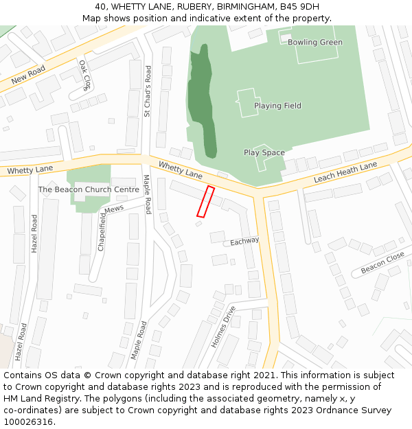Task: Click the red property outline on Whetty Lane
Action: click(x=205, y=202)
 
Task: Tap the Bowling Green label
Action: click(x=314, y=43)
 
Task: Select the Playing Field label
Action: click(x=277, y=106)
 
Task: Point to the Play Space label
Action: click(x=264, y=152)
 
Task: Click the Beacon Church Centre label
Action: click(x=89, y=189)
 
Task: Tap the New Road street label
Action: click(x=27, y=74)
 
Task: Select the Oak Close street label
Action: click(x=84, y=75)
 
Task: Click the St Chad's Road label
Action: click(x=148, y=91)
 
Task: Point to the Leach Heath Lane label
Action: click(x=345, y=173)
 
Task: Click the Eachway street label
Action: click(x=244, y=242)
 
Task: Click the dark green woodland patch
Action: click(x=202, y=100)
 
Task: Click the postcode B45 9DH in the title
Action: click(x=299, y=6)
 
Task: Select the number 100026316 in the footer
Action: click(x=28, y=421)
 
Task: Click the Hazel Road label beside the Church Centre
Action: click(x=34, y=233)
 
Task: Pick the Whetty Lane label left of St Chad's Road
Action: click(x=30, y=170)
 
